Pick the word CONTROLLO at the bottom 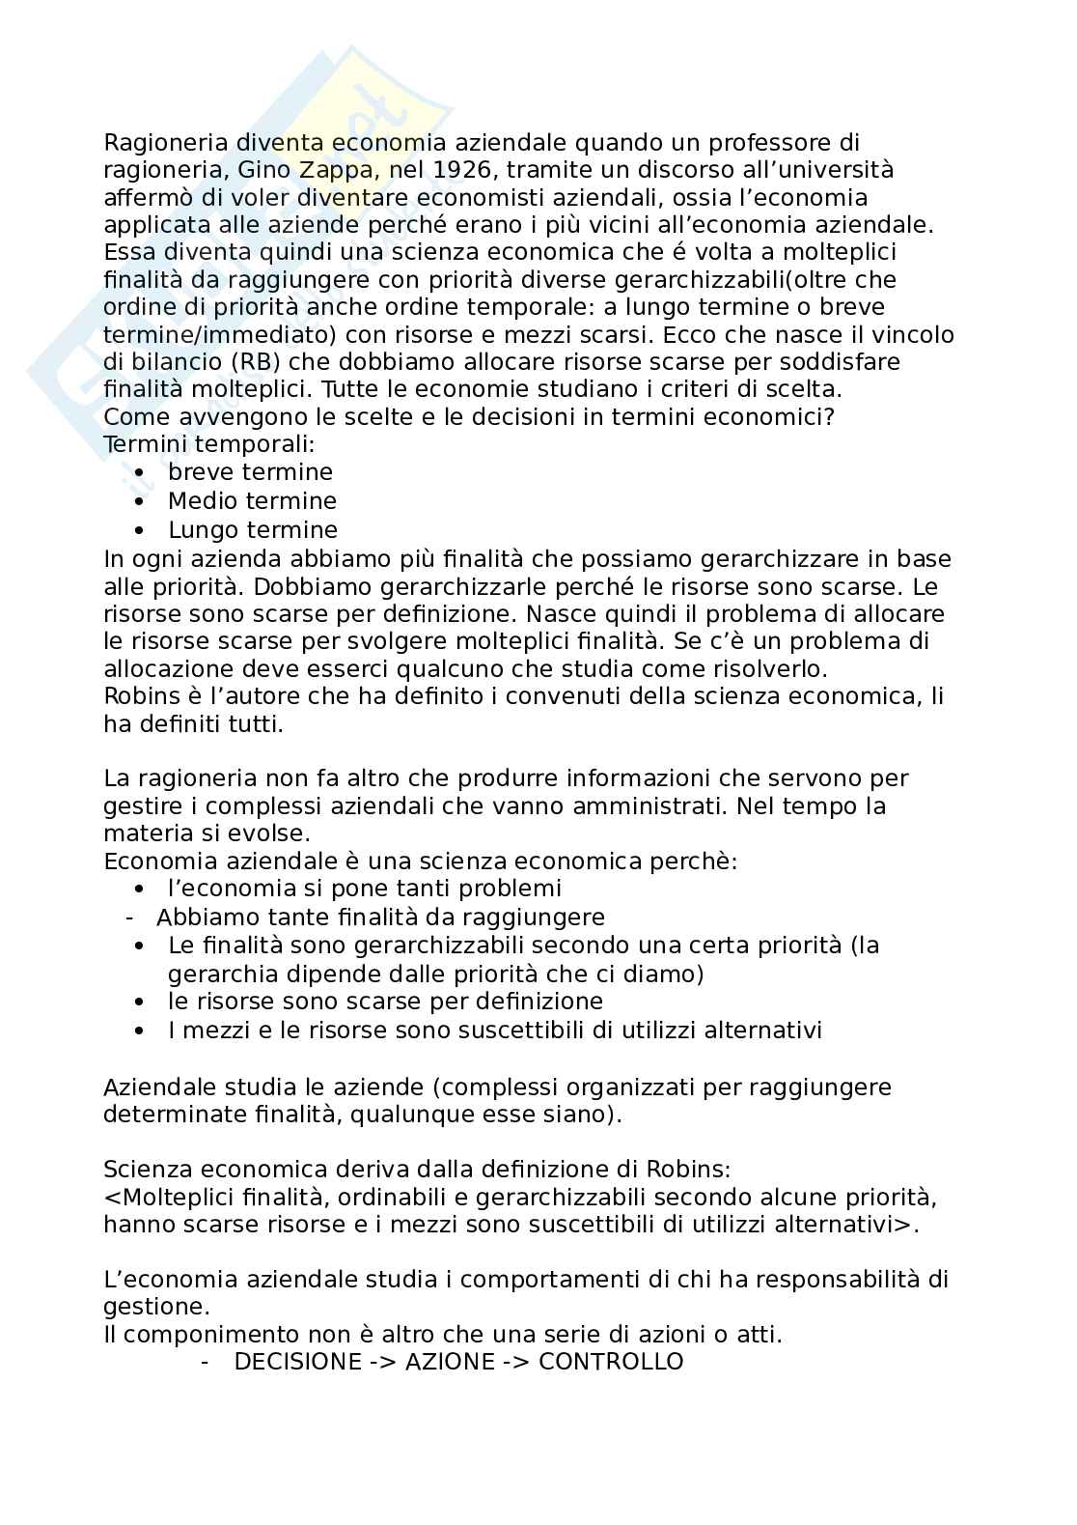pos(611,1362)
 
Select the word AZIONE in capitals pos(448,1362)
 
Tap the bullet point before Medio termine pos(142,502)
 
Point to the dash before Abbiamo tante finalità pos(128,917)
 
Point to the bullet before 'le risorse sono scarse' pos(142,1003)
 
